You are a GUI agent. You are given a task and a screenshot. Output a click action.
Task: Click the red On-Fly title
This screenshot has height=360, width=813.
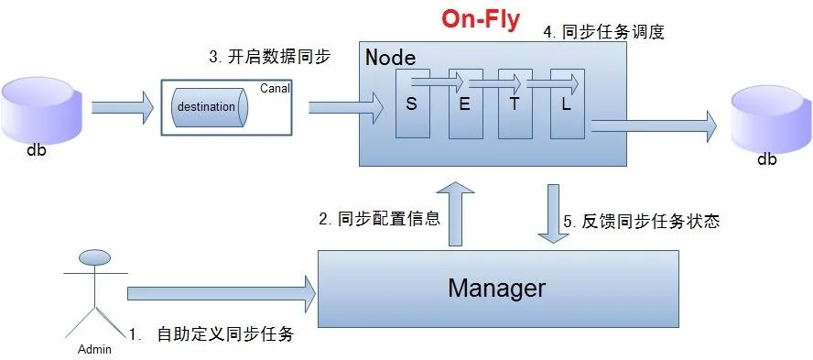click(480, 20)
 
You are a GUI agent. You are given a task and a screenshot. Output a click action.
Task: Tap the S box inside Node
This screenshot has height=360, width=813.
click(413, 104)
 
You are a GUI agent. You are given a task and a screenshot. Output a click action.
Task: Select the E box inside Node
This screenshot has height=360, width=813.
click(466, 104)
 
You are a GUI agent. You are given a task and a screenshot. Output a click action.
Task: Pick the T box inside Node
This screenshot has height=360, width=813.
click(515, 104)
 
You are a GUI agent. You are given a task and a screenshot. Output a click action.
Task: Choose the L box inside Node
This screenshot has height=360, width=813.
click(568, 104)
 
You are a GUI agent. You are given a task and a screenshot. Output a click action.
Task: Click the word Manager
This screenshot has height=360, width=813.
click(497, 288)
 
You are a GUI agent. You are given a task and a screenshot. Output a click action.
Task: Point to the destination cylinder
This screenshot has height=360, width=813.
click(210, 107)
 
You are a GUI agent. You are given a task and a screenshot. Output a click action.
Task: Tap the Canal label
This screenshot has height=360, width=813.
click(275, 88)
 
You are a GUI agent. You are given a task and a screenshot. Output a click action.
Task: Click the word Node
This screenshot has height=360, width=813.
click(390, 58)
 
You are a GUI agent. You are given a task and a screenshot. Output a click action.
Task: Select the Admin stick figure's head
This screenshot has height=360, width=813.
click(95, 256)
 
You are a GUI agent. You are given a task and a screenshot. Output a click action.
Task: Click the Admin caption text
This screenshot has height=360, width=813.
click(94, 349)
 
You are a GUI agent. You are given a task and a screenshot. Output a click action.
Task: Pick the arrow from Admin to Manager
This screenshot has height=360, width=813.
click(222, 294)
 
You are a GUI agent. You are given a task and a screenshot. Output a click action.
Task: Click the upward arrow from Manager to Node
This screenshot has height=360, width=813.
click(455, 213)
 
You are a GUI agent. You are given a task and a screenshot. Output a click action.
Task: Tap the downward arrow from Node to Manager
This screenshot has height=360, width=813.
click(554, 213)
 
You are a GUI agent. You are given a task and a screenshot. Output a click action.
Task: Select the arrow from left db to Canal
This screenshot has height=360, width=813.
click(123, 107)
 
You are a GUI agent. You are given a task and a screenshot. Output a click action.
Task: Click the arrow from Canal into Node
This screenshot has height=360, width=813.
click(346, 107)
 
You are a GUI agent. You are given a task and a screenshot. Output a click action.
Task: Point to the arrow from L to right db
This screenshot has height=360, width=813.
click(654, 125)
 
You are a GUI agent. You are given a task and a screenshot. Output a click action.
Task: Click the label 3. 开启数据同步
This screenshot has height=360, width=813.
click(269, 57)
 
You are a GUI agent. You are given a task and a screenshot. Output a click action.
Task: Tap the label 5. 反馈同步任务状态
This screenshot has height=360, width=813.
click(642, 221)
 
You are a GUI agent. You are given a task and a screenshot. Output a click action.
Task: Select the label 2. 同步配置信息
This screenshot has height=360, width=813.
click(380, 219)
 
